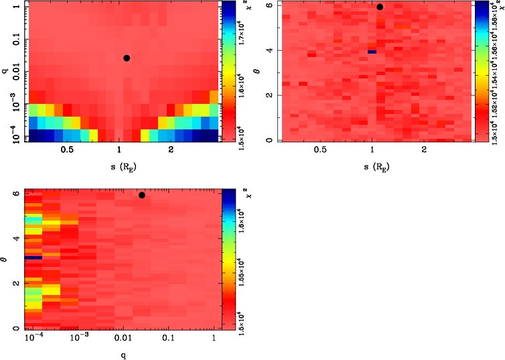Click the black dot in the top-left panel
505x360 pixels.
pos(127,58)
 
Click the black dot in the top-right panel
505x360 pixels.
pos(380,7)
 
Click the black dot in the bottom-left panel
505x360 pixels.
pos(142,195)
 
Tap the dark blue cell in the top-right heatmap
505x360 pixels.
pos(372,52)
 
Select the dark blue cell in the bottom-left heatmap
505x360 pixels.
pos(33,257)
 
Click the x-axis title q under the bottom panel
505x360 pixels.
pos(123,355)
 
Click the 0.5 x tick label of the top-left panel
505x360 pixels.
pos(67,151)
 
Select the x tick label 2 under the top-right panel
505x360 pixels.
pos(424,151)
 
